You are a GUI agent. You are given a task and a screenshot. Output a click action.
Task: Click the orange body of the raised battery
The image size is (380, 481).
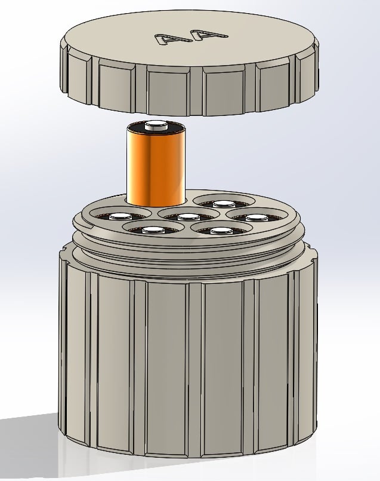(x=156, y=168)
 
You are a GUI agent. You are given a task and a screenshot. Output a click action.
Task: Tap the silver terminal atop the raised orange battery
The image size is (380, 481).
(x=156, y=125)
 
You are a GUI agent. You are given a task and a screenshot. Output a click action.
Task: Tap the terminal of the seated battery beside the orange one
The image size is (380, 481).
(x=224, y=203)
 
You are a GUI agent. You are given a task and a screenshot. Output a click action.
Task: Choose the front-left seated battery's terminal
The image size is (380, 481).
(x=153, y=230)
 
